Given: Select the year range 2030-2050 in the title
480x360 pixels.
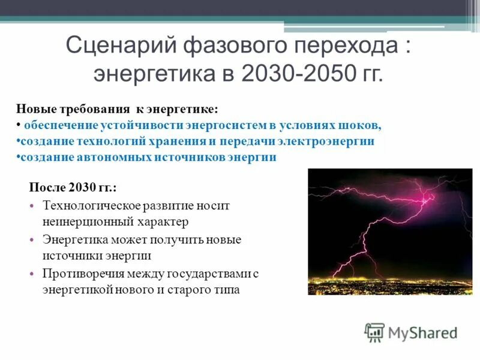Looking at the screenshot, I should pos(296,74).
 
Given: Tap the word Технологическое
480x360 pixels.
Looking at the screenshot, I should pos(92,206).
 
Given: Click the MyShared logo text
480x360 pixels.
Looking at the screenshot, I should pos(423,332).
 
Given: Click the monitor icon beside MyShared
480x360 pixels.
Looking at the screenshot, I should pos(374,332).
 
